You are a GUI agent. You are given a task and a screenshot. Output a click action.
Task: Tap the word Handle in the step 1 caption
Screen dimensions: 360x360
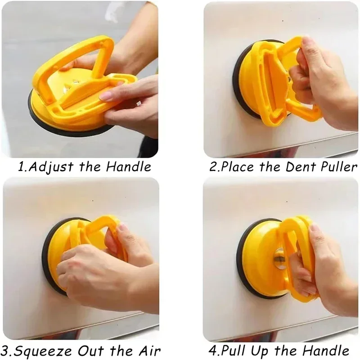coord(129,167)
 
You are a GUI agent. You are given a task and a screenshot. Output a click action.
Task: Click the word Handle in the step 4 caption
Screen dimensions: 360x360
coord(327,350)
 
